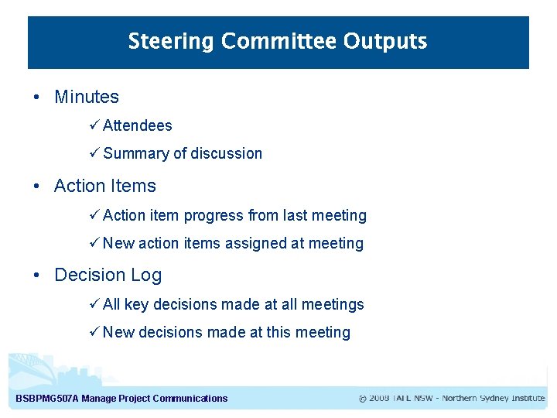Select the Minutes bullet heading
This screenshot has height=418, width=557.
pyautogui.click(x=87, y=97)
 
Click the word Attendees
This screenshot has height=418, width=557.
pyautogui.click(x=138, y=125)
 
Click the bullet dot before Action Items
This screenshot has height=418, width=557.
pyautogui.click(x=36, y=186)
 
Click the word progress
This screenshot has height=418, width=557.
pyautogui.click(x=214, y=215)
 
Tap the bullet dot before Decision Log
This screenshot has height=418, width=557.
pyautogui.click(x=36, y=275)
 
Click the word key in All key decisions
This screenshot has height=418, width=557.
pyautogui.click(x=137, y=304)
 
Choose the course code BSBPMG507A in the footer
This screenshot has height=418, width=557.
pyautogui.click(x=47, y=399)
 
